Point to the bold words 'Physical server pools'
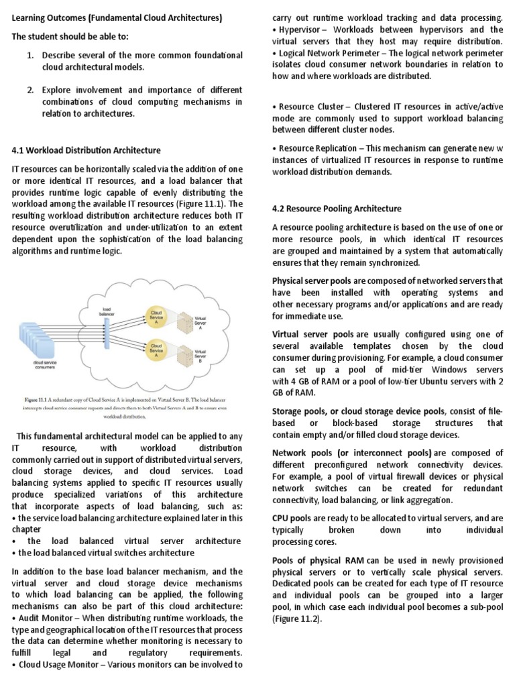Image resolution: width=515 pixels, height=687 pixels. (313, 280)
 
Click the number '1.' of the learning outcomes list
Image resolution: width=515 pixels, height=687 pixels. (31, 55)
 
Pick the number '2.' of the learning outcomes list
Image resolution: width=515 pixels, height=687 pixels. (31, 90)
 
